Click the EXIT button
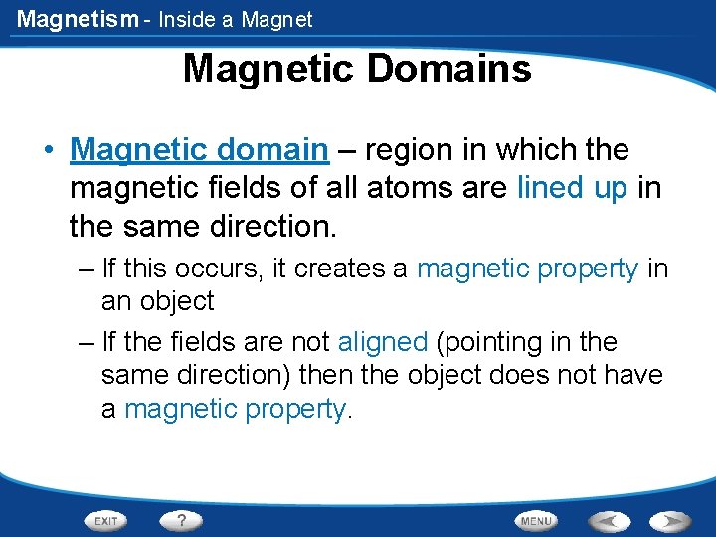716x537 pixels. pos(106,520)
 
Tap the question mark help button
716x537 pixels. pos(182,520)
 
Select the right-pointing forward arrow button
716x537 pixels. pos(671,520)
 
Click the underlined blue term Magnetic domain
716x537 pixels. pos(199,150)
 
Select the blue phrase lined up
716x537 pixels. pos(571,188)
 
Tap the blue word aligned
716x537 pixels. pos(382,342)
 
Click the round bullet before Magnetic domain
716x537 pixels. pos(47,151)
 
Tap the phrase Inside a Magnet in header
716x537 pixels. pos(238,19)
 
